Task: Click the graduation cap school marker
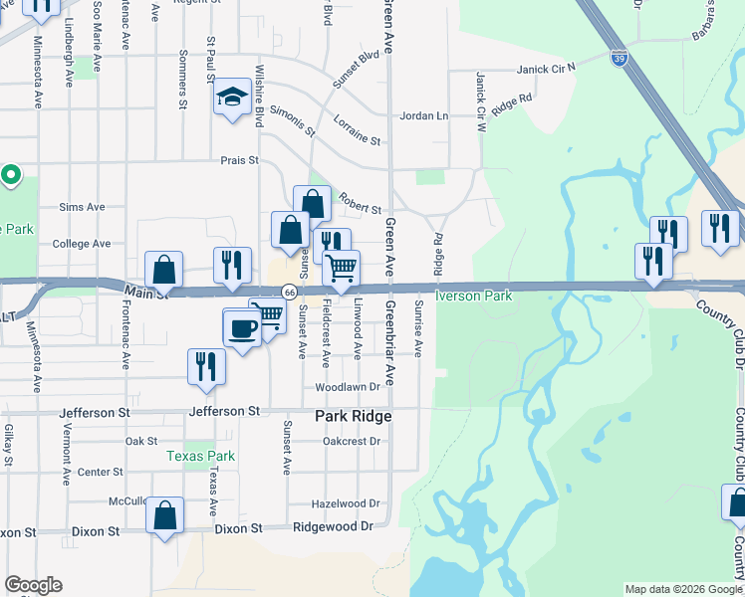point(232,97)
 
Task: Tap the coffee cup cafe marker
point(242,327)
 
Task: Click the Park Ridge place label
point(353,416)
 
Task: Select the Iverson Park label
point(473,297)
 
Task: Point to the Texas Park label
point(200,456)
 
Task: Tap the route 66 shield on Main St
point(289,292)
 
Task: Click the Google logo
point(33,585)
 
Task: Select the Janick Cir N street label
point(547,69)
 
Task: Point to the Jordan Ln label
point(424,116)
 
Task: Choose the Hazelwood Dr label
point(347,504)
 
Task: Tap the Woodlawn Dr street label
point(348,387)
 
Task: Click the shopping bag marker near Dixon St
point(165,515)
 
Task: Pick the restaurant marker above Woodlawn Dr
point(206,365)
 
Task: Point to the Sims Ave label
point(82,207)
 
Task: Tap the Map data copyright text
point(683,589)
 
